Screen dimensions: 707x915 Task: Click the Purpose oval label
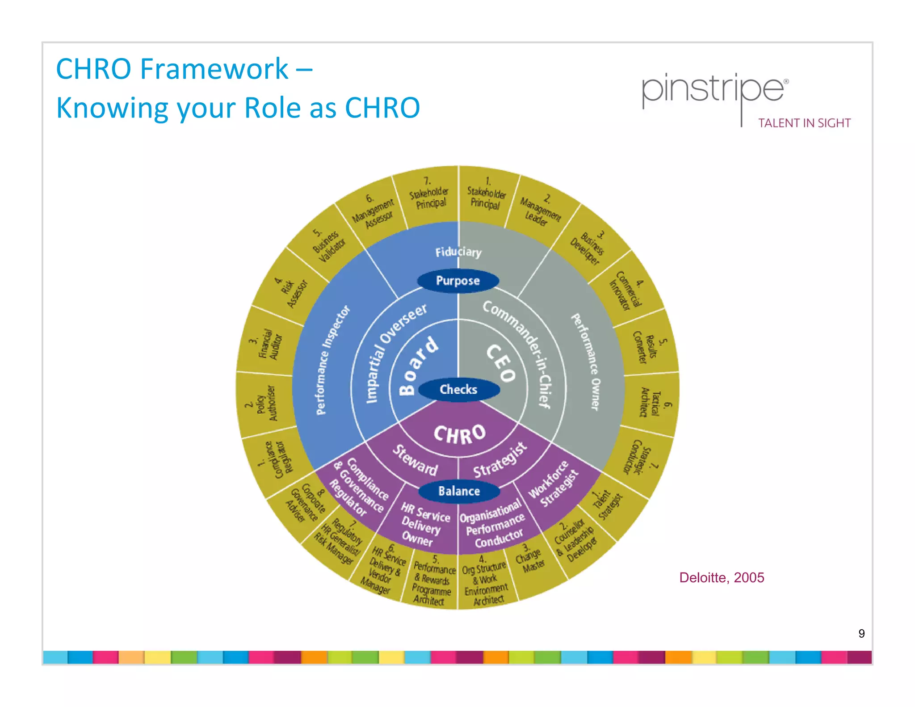tap(457, 281)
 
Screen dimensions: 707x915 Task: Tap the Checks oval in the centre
tap(458, 389)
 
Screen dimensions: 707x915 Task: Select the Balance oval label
tap(459, 491)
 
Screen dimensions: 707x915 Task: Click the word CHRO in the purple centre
tap(459, 434)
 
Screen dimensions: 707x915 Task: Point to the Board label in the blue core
tap(418, 366)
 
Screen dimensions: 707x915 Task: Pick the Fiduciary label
tap(458, 252)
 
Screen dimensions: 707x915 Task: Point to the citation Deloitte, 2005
tap(721, 577)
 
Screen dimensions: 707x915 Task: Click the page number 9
tap(861, 633)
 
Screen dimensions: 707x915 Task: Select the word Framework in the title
tap(214, 69)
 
